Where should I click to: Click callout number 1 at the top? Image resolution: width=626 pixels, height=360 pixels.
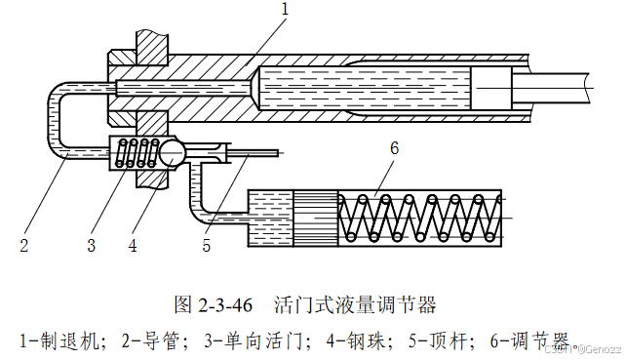[285, 9]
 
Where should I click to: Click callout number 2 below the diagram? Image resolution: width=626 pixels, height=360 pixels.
[24, 245]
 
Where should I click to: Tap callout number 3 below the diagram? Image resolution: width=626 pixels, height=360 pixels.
[92, 245]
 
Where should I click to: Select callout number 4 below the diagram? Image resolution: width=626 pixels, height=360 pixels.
[133, 245]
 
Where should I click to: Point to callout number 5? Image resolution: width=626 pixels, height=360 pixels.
[206, 245]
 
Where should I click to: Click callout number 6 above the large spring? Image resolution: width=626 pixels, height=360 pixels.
[394, 148]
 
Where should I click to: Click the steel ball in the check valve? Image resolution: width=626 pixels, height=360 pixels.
[173, 152]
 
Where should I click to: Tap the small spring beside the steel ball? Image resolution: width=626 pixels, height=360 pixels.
[137, 152]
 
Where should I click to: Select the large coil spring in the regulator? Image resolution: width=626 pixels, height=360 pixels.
[420, 219]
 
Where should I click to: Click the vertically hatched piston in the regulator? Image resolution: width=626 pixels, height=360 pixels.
[316, 219]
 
